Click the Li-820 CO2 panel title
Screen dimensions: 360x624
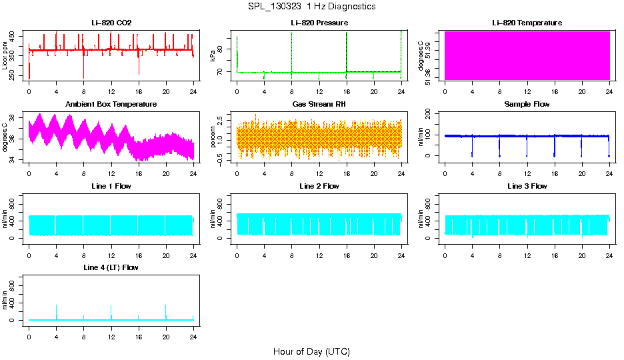(111, 23)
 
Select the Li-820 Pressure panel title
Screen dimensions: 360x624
(319, 23)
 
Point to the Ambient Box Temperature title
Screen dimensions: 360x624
(111, 105)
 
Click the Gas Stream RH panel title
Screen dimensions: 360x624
(319, 105)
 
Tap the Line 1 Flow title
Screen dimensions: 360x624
(111, 186)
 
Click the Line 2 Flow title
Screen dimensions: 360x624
(319, 186)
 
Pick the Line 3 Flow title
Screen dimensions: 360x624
(527, 186)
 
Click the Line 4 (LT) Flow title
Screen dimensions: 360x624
(111, 267)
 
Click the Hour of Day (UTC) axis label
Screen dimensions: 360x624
(311, 351)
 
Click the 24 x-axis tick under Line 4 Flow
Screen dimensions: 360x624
(193, 335)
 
